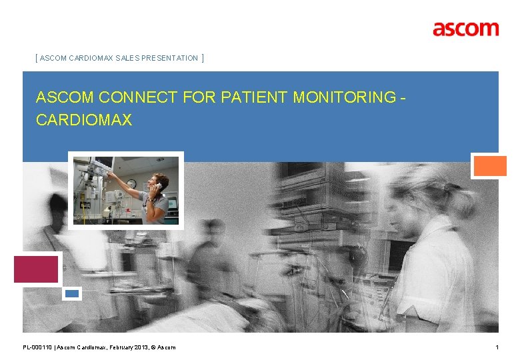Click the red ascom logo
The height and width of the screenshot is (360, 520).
(x=465, y=29)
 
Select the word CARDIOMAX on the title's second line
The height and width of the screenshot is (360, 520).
(x=84, y=120)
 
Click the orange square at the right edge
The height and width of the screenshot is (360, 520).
(x=489, y=165)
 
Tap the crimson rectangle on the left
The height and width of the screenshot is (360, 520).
(x=36, y=269)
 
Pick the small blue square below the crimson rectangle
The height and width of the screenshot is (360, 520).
(x=72, y=293)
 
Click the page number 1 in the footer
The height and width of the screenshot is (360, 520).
(x=497, y=347)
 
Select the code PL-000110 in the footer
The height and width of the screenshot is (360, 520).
(x=37, y=347)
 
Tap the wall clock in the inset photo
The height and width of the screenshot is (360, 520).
(x=131, y=183)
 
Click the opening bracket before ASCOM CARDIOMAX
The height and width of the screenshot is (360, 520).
(x=36, y=59)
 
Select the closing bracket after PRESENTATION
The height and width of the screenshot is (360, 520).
(x=202, y=59)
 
